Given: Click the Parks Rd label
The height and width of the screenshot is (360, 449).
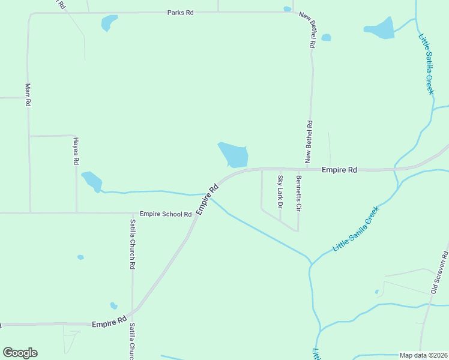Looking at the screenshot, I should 180,13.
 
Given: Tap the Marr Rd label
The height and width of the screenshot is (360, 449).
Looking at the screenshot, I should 28,94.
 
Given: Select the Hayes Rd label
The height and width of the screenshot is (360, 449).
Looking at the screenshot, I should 76,151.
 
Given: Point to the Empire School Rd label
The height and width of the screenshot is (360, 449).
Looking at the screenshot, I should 165,214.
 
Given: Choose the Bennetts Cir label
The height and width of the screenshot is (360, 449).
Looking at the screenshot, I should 298,192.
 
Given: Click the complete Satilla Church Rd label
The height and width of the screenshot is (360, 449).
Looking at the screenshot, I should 133,244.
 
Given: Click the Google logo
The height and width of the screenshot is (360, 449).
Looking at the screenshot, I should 20,353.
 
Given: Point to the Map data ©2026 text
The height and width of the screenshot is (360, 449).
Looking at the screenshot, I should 423,355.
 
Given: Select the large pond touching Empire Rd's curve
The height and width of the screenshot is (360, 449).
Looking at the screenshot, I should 233,155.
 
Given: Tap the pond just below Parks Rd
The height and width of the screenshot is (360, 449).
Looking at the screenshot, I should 109,23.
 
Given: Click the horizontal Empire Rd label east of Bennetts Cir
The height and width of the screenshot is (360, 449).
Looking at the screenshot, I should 339,170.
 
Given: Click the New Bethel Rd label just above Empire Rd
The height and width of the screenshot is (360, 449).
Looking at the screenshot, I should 309,142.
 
